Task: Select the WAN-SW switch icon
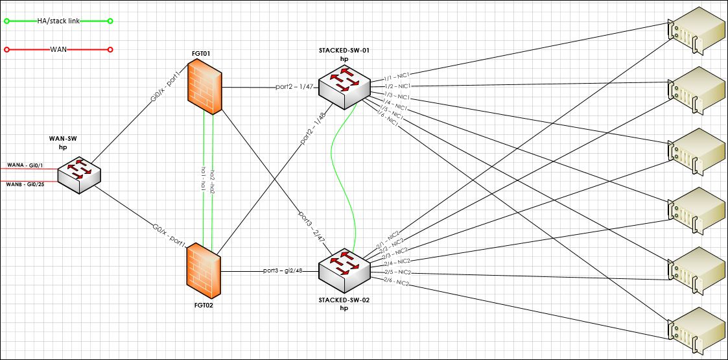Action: click(78, 174)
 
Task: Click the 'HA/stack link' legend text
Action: click(58, 21)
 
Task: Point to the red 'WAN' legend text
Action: click(58, 49)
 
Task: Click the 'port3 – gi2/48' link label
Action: click(283, 270)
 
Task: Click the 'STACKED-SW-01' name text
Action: click(344, 50)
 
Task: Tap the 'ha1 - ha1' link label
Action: click(204, 178)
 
